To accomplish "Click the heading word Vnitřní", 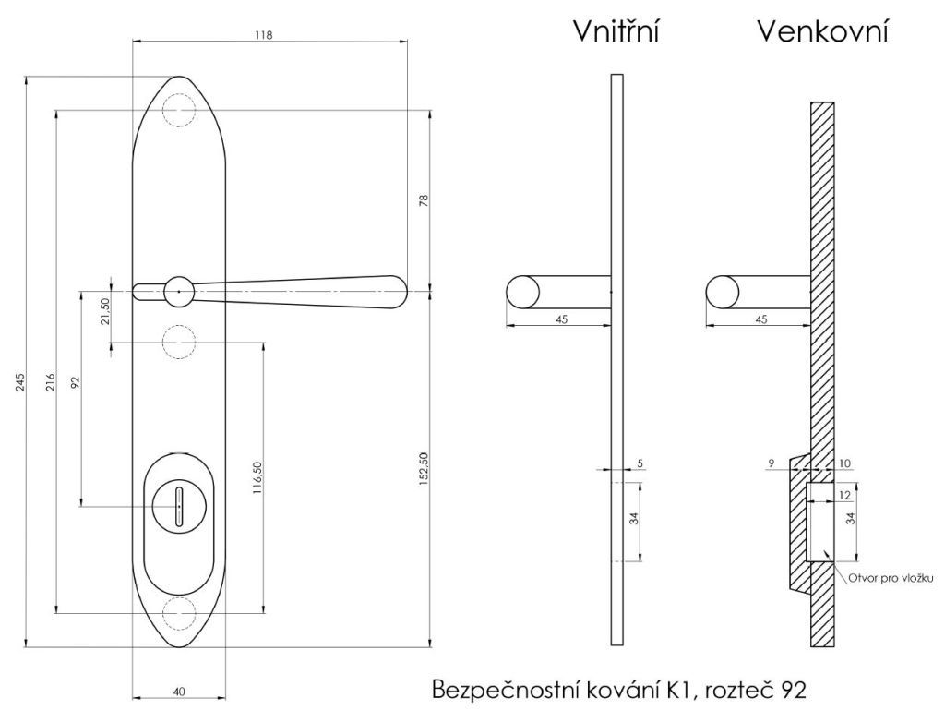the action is click(x=616, y=31).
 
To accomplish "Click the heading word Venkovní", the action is click(x=822, y=31).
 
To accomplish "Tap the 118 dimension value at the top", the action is click(x=263, y=35).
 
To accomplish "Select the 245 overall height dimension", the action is click(x=20, y=382).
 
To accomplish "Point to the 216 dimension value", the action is click(x=51, y=382).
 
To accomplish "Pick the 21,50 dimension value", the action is click(x=105, y=311).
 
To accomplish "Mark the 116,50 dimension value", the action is click(x=257, y=478).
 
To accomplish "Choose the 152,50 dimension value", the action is click(x=423, y=469).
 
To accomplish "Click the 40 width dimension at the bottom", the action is click(x=179, y=692).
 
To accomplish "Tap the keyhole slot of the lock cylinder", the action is click(x=179, y=506).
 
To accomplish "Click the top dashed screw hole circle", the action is click(x=179, y=111).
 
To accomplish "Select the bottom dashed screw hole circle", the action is click(x=179, y=613).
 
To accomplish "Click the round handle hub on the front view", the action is click(x=179, y=292).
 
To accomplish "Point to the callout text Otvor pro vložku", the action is click(x=891, y=578).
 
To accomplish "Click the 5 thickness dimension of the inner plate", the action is click(x=640, y=463).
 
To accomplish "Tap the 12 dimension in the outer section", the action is click(x=844, y=495).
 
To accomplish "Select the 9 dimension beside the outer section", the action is click(x=772, y=463).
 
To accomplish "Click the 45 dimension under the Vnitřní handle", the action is click(x=561, y=319).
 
